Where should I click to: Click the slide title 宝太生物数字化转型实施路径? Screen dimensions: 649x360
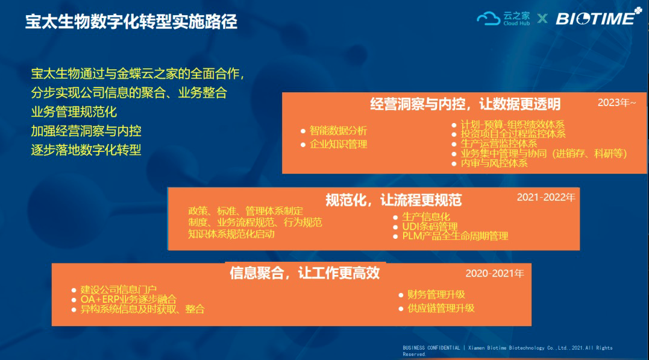pyautogui.click(x=131, y=22)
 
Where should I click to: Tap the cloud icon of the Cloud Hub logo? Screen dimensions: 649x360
pyautogui.click(x=488, y=19)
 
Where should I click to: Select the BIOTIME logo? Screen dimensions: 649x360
pyautogui.click(x=598, y=17)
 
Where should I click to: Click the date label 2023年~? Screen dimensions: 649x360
pyautogui.click(x=616, y=103)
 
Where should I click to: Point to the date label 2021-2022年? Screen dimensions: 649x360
pyautogui.click(x=546, y=198)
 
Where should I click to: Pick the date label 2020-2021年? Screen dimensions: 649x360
pyautogui.click(x=495, y=273)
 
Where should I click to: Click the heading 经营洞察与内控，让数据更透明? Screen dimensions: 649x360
pyautogui.click(x=465, y=104)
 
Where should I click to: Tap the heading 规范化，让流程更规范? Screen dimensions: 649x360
pyautogui.click(x=393, y=201)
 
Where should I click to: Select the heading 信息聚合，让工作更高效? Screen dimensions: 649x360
pyautogui.click(x=305, y=273)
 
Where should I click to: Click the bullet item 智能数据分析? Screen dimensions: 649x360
pyautogui.click(x=338, y=131)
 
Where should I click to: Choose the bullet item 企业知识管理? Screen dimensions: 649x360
pyautogui.click(x=338, y=145)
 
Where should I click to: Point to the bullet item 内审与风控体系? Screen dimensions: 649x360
pyautogui.click(x=494, y=163)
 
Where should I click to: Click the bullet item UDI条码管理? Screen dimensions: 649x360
pyautogui.click(x=430, y=227)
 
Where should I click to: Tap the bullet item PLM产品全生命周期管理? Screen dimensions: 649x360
pyautogui.click(x=455, y=236)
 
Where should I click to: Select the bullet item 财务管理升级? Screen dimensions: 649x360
pyautogui.click(x=436, y=294)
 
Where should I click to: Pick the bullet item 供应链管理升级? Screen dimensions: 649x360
pyautogui.click(x=441, y=308)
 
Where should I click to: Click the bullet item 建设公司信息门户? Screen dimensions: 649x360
pyautogui.click(x=118, y=289)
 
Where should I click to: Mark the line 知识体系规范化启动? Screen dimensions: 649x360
pyautogui.click(x=231, y=234)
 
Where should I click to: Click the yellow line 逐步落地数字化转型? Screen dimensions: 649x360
pyautogui.click(x=86, y=150)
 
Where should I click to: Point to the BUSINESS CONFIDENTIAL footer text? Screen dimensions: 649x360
pyautogui.click(x=507, y=351)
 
